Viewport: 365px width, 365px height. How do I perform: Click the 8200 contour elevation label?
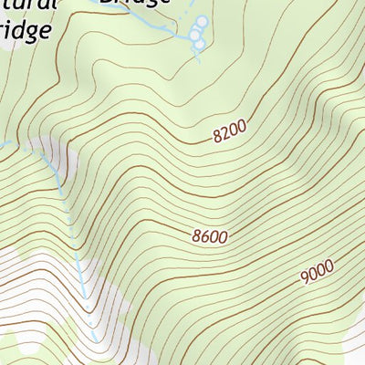click(229, 133)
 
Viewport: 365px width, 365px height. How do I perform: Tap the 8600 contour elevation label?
click(210, 235)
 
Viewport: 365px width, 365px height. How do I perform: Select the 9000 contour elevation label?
click(316, 270)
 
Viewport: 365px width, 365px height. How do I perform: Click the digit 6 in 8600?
click(205, 236)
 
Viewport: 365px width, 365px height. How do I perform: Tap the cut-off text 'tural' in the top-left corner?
click(27, 4)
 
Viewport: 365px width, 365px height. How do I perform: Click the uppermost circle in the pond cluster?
click(203, 21)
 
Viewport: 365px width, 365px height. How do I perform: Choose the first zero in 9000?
click(312, 272)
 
